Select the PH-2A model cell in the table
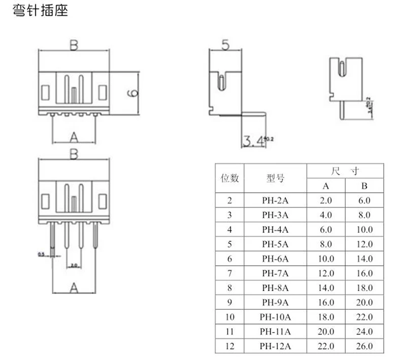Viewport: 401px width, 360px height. (x=275, y=201)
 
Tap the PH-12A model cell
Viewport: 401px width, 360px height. (x=275, y=347)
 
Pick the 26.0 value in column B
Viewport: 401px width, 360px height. (x=364, y=347)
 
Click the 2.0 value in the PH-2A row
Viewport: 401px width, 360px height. (x=326, y=201)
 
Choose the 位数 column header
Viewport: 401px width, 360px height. (x=229, y=178)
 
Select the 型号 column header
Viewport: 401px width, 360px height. (x=275, y=178)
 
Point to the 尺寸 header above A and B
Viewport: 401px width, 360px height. (x=345, y=171)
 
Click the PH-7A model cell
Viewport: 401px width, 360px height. (x=275, y=274)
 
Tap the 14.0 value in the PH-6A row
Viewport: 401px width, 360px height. (x=364, y=259)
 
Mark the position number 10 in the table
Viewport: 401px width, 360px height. (x=229, y=318)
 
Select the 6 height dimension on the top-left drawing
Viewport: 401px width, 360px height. (x=132, y=92)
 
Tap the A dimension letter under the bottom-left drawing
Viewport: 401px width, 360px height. (x=74, y=289)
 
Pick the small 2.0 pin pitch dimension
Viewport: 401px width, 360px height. (x=74, y=265)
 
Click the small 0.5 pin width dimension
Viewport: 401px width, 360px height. (x=41, y=254)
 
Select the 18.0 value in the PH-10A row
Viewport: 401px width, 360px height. (x=326, y=318)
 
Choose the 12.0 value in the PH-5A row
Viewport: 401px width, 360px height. (x=364, y=244)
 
